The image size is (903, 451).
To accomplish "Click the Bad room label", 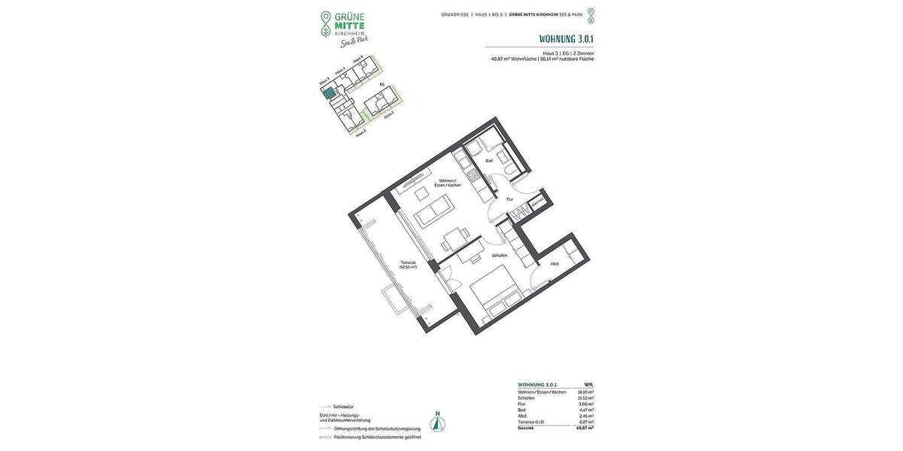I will pyautogui.click(x=488, y=161).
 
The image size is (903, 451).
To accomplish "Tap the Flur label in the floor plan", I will pyautogui.click(x=509, y=199).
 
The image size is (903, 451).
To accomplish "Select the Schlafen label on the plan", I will pyautogui.click(x=500, y=256).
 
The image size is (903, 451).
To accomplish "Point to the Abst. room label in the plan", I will pyautogui.click(x=554, y=263).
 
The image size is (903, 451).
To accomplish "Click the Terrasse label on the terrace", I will pyautogui.click(x=408, y=264).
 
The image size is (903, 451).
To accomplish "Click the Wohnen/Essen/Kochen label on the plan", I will pyautogui.click(x=448, y=183).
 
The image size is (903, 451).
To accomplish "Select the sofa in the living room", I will pyautogui.click(x=435, y=211).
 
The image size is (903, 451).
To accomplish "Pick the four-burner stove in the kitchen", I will pyautogui.click(x=474, y=177).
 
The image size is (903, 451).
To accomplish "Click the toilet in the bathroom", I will pyautogui.click(x=511, y=173).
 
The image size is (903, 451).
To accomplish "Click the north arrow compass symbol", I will pyautogui.click(x=437, y=422).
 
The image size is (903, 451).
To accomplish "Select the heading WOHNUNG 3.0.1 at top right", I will pyautogui.click(x=566, y=39).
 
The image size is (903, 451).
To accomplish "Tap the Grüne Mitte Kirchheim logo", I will pyautogui.click(x=343, y=29).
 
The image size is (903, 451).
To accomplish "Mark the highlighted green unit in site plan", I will pyautogui.click(x=329, y=93).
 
